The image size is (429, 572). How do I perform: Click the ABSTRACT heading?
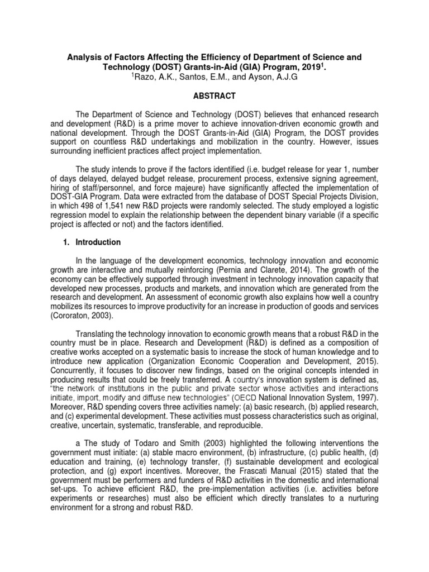[214, 96]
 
